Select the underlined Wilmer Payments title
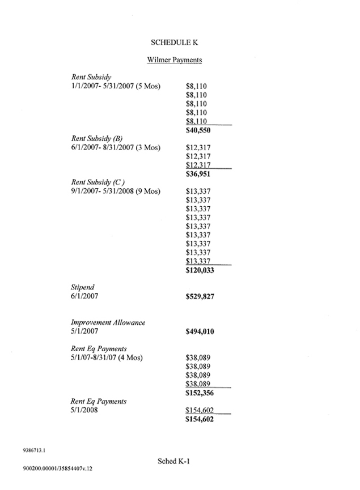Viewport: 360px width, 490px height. tap(175, 59)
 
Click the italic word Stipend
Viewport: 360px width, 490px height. tap(83, 287)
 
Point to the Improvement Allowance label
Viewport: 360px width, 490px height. tap(108, 322)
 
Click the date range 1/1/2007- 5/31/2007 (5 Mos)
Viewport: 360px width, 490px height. tap(116, 86)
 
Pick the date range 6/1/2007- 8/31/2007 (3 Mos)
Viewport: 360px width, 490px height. tap(116, 147)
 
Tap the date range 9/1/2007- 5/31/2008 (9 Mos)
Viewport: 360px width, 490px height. tap(116, 191)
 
